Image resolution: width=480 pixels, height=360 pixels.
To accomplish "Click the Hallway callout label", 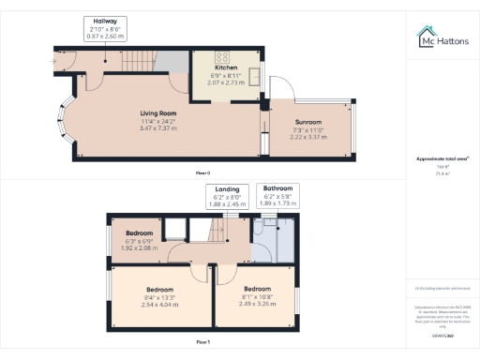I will click(105, 27).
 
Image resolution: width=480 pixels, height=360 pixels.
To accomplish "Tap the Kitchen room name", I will click(226, 68).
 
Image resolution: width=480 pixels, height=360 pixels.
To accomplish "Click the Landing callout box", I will click(225, 196).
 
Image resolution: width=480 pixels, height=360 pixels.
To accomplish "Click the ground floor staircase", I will click(136, 63).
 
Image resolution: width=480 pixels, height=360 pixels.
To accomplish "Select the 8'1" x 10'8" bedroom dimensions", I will click(258, 296).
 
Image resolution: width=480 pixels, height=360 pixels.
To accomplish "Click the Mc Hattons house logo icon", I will click(425, 37).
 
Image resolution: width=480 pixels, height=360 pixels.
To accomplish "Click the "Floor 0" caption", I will click(202, 173).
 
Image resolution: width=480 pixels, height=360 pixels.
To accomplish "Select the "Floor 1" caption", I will click(202, 343).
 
